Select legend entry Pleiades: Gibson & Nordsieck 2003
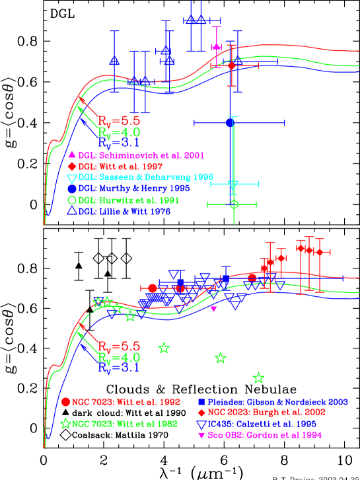(278, 402)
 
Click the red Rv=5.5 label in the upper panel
(119, 121)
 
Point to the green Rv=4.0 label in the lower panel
(119, 358)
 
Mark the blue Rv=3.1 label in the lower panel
(119, 368)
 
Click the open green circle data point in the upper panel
(234, 204)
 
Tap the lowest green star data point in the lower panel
(258, 378)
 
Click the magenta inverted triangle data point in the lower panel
(213, 309)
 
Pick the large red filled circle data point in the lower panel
(153, 288)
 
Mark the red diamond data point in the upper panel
(232, 65)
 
